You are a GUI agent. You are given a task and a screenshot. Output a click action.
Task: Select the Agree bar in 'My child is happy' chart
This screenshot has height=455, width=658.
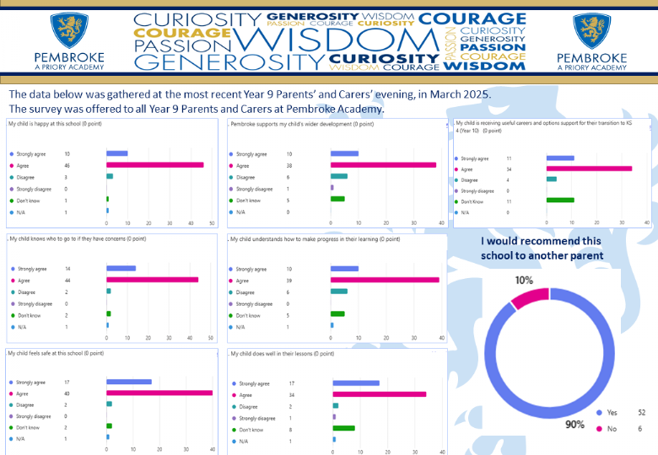(155, 165)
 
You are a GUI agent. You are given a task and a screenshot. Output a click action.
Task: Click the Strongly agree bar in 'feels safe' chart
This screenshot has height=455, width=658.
(129, 382)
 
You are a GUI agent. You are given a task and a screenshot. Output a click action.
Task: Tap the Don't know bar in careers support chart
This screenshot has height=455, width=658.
(560, 201)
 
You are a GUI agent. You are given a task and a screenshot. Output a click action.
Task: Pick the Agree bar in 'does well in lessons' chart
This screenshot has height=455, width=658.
(380, 393)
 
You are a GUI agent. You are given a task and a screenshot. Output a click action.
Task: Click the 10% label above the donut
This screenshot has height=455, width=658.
(524, 280)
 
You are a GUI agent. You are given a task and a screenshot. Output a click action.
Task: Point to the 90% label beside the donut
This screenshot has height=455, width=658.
(575, 424)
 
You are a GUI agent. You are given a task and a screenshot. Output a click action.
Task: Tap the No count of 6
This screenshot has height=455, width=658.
(641, 429)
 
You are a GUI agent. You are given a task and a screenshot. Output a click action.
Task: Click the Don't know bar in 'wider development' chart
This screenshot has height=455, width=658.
(337, 200)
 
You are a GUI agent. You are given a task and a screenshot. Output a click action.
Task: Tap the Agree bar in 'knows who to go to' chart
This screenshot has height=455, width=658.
(153, 279)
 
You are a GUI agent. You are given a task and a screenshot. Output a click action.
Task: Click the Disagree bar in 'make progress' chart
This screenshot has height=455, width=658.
(339, 291)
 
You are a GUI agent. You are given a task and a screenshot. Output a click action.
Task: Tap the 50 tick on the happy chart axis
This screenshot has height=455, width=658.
(212, 223)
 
